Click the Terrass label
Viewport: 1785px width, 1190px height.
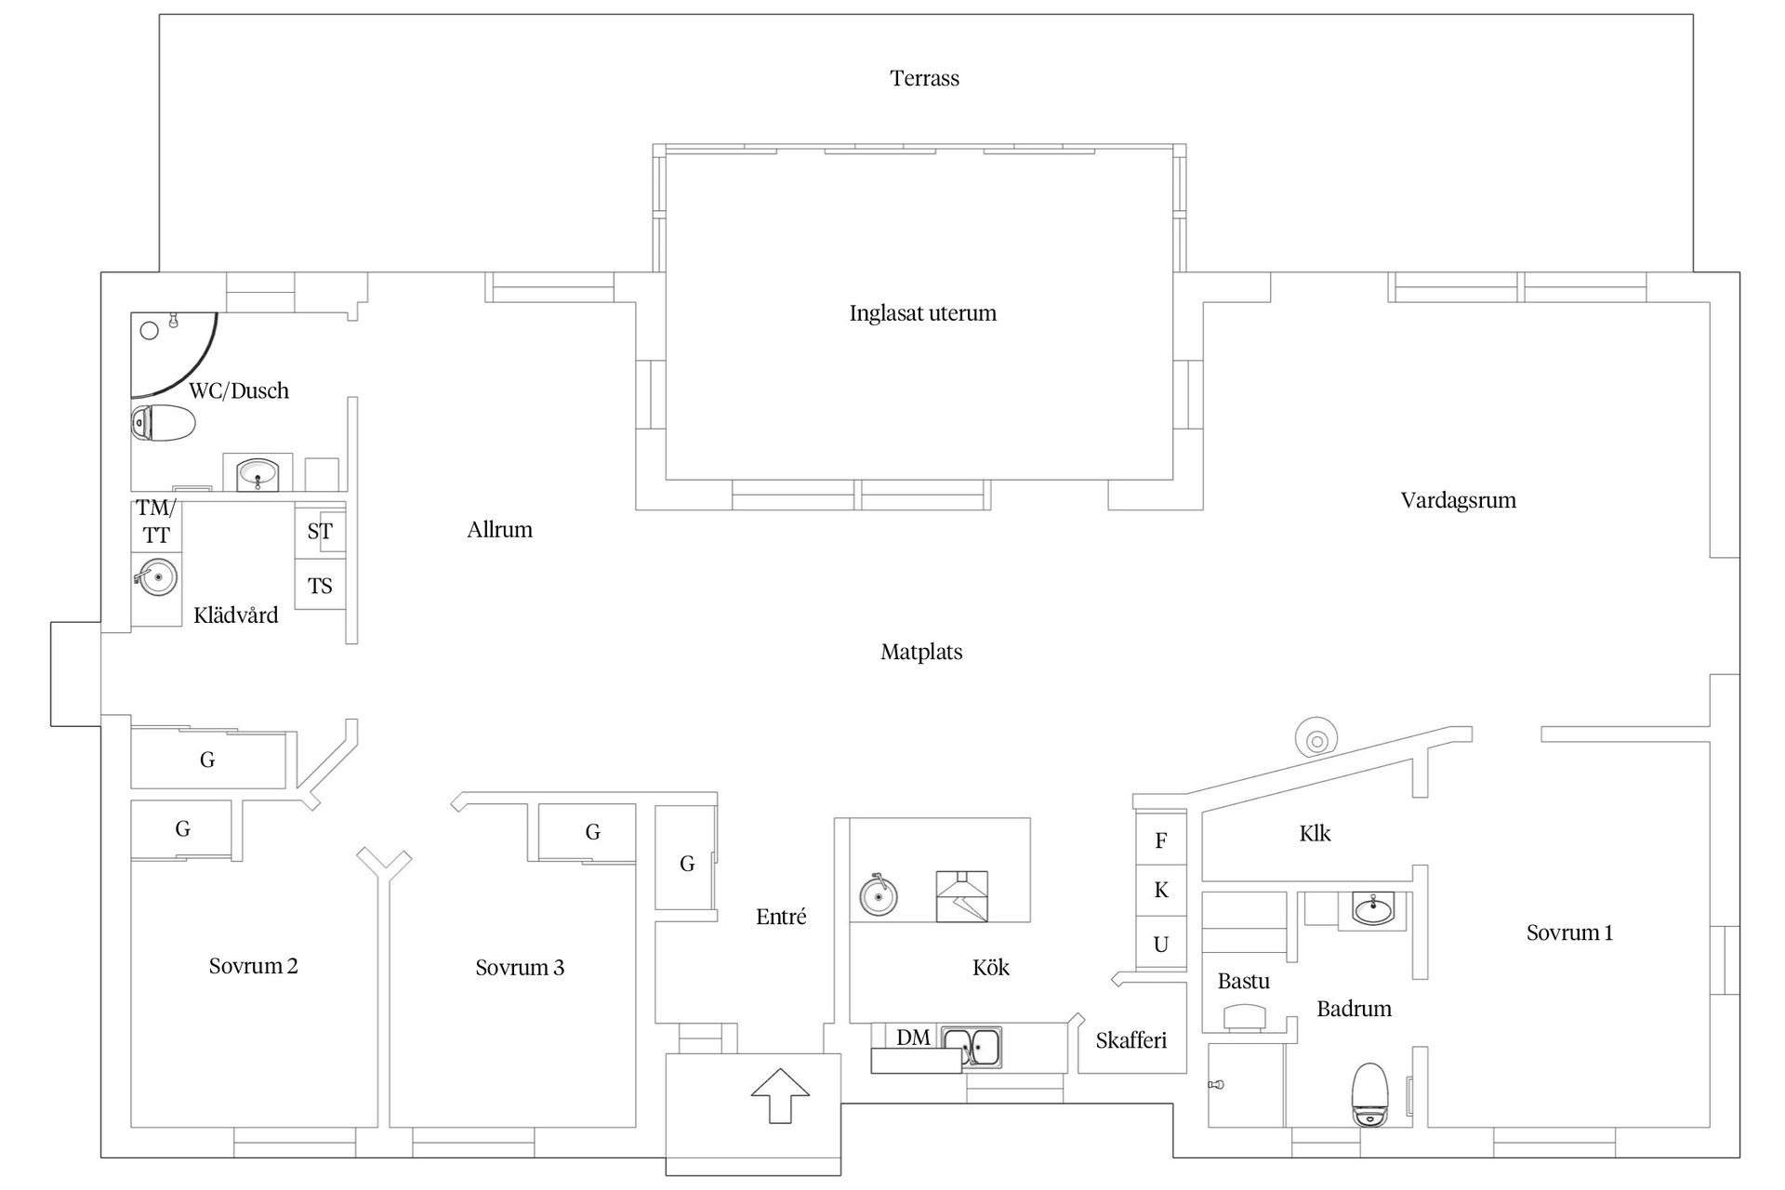tap(924, 78)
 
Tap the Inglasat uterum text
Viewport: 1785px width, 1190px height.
tap(922, 313)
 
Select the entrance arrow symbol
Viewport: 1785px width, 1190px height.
tap(780, 1096)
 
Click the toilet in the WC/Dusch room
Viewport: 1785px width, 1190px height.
tap(163, 424)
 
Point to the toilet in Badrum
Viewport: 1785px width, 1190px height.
tap(1370, 1094)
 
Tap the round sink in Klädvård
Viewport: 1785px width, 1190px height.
tap(156, 576)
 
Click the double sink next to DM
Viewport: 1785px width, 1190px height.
tap(971, 1045)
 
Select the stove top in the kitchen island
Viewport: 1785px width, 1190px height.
tap(961, 896)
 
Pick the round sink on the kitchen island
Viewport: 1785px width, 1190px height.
tap(878, 896)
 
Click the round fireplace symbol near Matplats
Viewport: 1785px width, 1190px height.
tap(1316, 740)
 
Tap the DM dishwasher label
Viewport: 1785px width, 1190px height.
tap(913, 1038)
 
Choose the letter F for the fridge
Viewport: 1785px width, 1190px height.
tap(1160, 841)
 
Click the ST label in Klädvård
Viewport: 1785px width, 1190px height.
tap(320, 532)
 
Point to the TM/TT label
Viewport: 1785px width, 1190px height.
tap(156, 522)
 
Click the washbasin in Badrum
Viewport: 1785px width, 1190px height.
tap(1373, 908)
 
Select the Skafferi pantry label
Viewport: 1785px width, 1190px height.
tap(1130, 1040)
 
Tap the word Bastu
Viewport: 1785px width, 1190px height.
tap(1243, 981)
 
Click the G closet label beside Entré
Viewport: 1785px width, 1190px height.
tap(687, 864)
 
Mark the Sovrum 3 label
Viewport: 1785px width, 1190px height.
tap(520, 968)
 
